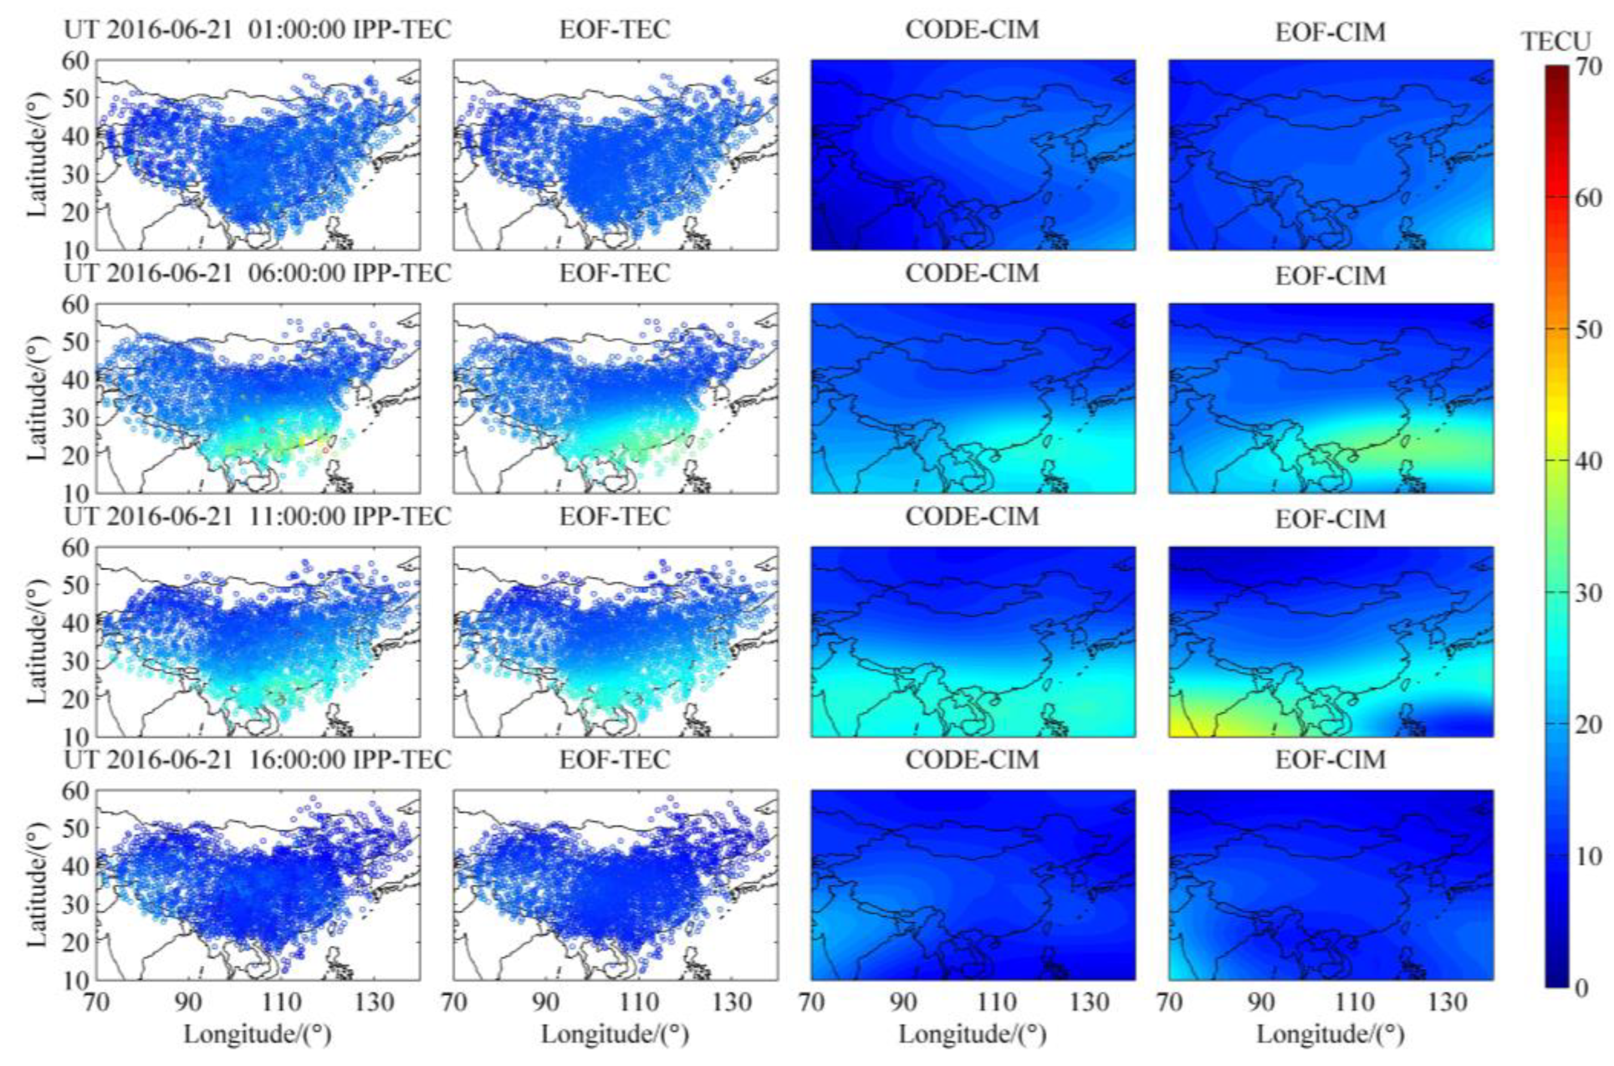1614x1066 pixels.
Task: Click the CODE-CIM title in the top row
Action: tap(973, 31)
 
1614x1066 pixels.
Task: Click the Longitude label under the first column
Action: tap(258, 1035)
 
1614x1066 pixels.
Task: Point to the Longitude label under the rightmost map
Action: tap(1331, 1035)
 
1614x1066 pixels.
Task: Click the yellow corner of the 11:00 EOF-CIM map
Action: tap(1183, 727)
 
